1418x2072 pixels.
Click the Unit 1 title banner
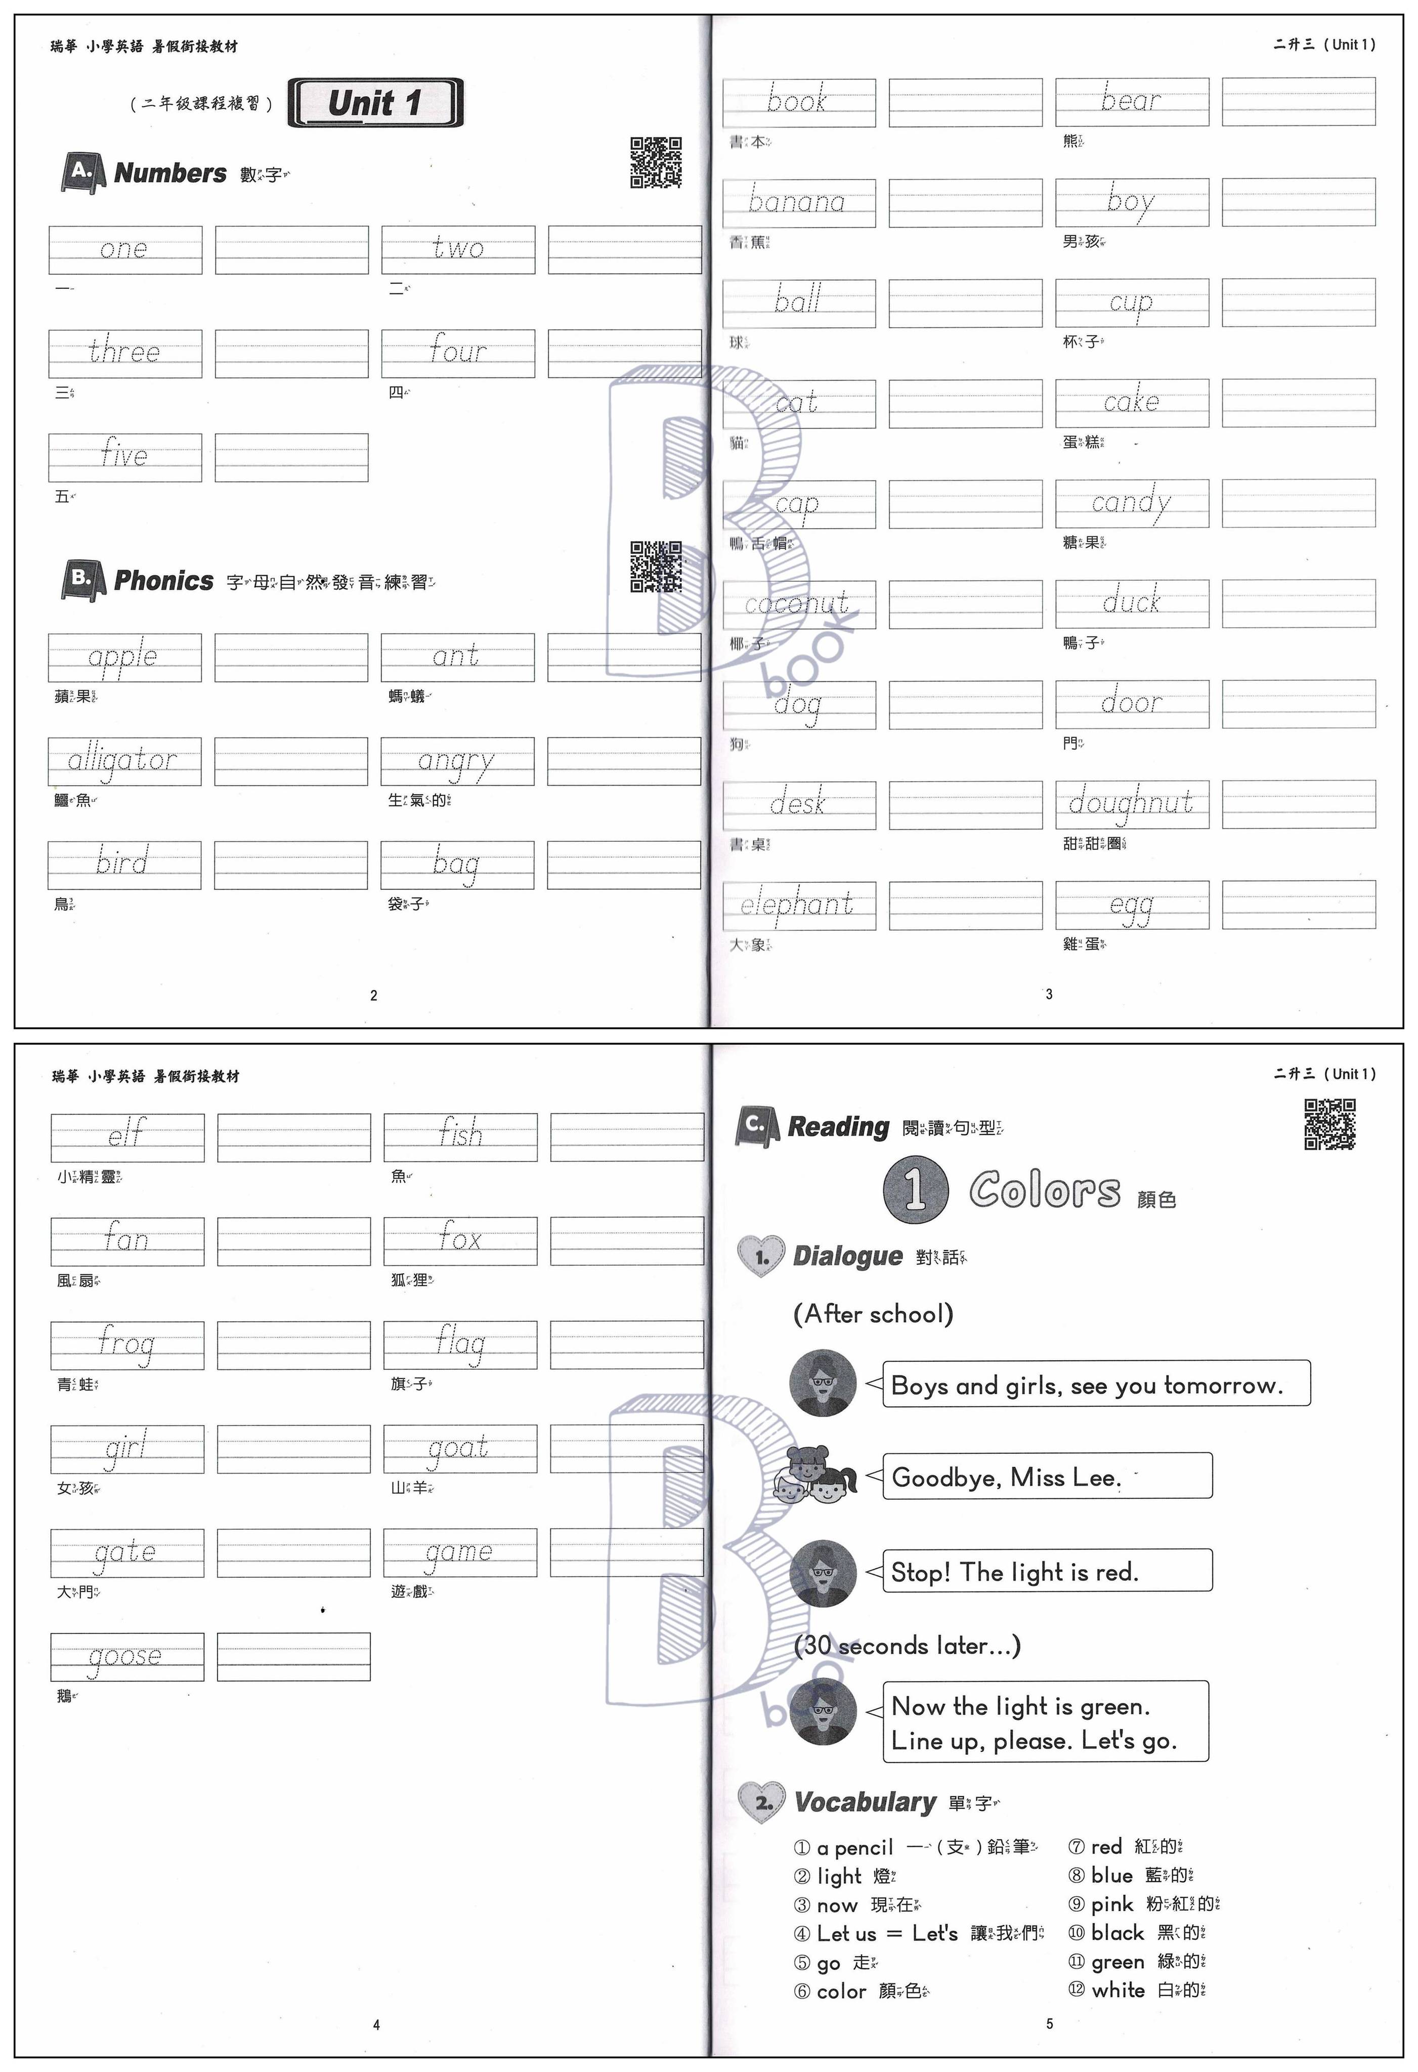coord(375,103)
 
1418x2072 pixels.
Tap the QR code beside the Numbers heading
coord(656,162)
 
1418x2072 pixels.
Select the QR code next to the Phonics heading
coord(656,566)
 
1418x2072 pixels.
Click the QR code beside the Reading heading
coord(1329,1124)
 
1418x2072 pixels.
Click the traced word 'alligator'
coord(123,760)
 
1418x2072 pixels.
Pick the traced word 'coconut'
coord(797,603)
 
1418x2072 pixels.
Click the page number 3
coord(1049,994)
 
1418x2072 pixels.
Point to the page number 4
coord(376,2025)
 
